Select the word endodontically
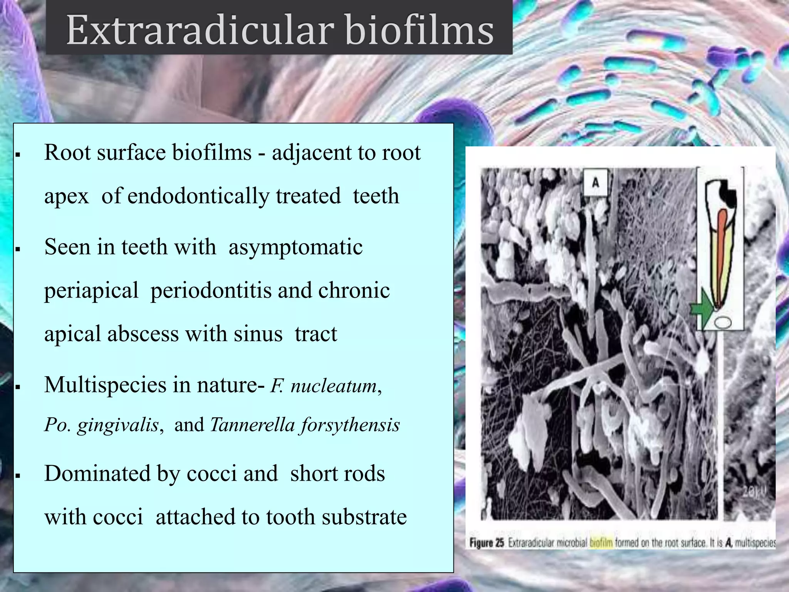[234, 196]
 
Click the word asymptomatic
[295, 247]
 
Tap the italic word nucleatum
[334, 386]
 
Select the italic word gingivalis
[118, 425]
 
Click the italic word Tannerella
[252, 425]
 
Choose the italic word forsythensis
[351, 425]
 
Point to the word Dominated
[97, 473]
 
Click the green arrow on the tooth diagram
[701, 309]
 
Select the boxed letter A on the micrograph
[595, 182]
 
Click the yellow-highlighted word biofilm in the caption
[601, 543]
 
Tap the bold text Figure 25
[487, 543]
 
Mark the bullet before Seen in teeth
[17, 249]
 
